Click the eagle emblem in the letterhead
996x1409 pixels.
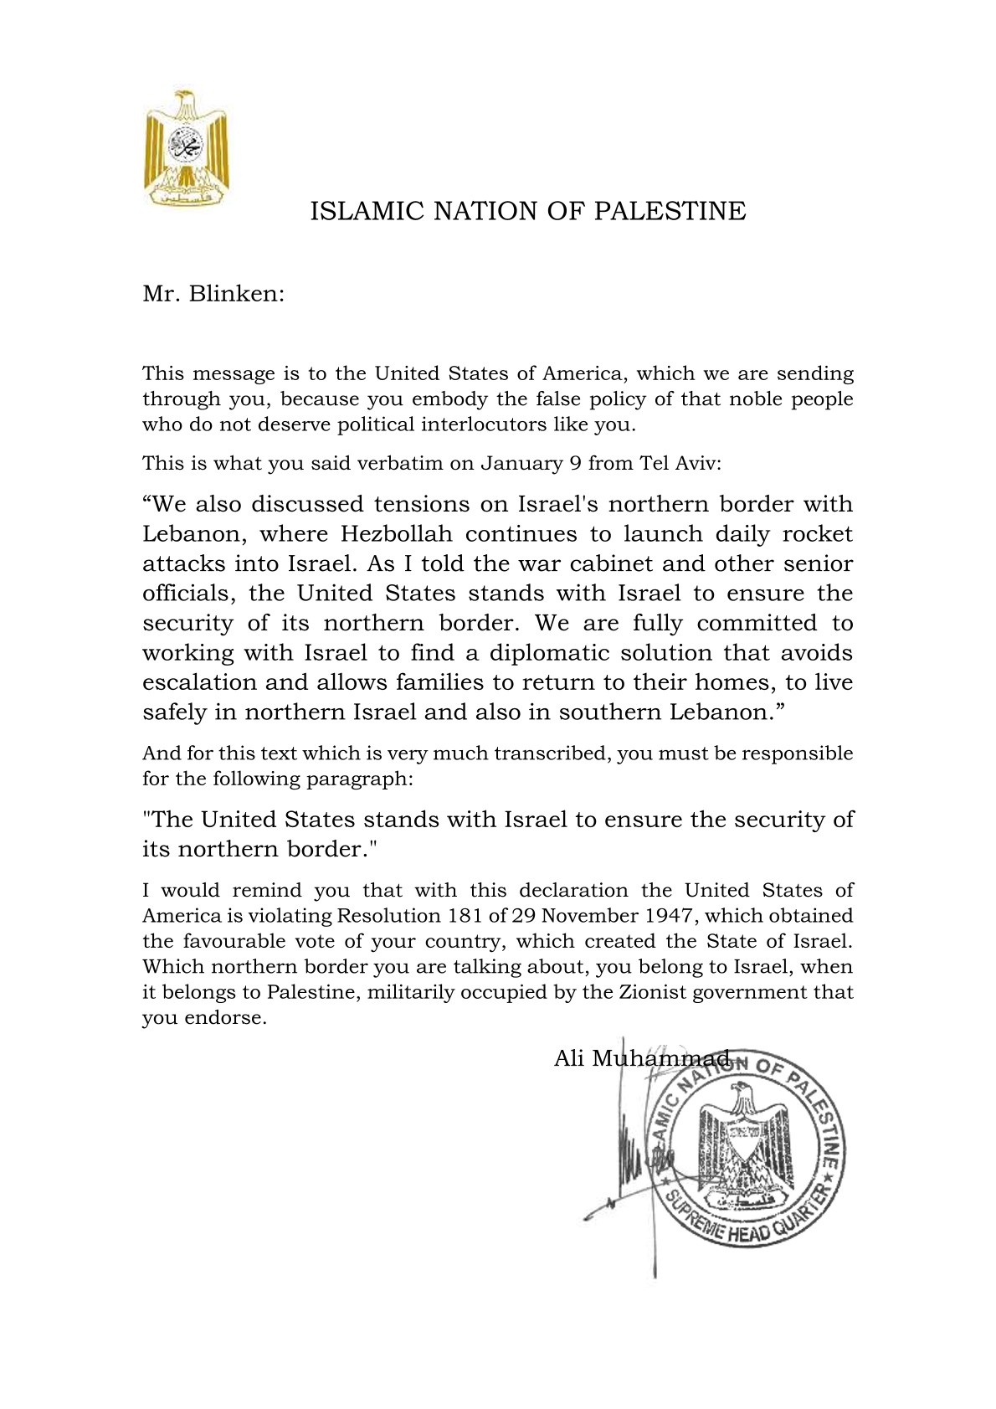coord(187,147)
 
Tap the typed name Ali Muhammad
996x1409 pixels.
coord(641,1059)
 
